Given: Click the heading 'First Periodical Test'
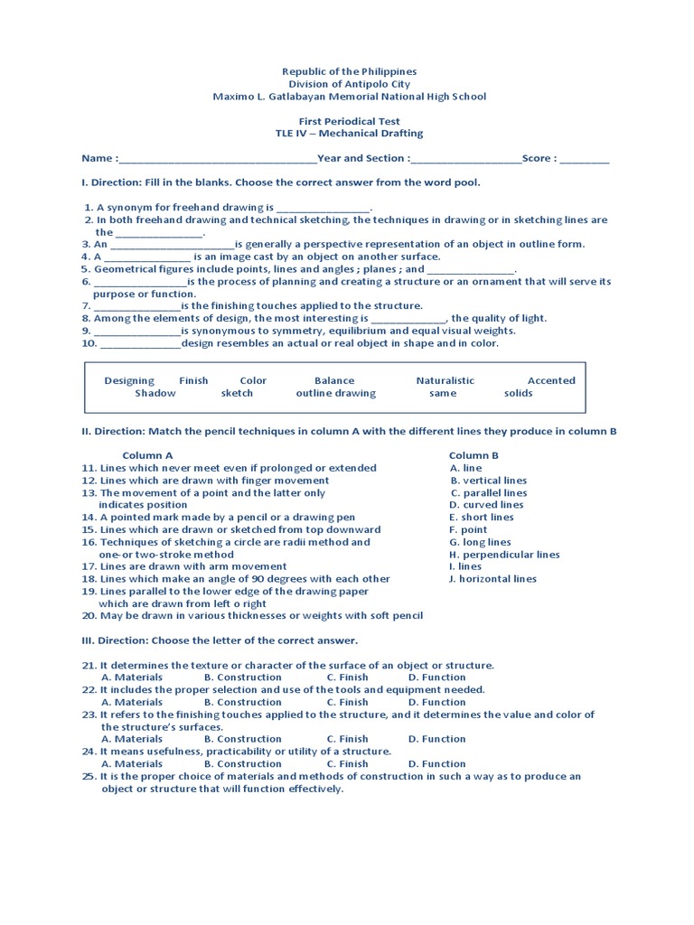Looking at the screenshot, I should pyautogui.click(x=349, y=121).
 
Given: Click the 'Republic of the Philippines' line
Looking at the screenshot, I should pyautogui.click(x=349, y=71).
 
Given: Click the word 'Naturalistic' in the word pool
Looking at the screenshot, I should pyautogui.click(x=445, y=380).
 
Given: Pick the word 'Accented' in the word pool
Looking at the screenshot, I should pyautogui.click(x=551, y=380).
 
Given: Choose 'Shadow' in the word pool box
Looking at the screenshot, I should pyautogui.click(x=155, y=393).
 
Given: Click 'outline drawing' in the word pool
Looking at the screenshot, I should pyautogui.click(x=335, y=393).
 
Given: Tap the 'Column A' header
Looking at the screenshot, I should pyautogui.click(x=147, y=455).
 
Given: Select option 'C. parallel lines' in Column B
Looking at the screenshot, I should pyautogui.click(x=489, y=493).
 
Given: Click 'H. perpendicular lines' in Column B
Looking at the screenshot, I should pyautogui.click(x=504, y=555).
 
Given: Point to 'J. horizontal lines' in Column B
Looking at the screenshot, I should pyautogui.click(x=492, y=579).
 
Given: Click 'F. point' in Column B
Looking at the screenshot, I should pyautogui.click(x=468, y=530).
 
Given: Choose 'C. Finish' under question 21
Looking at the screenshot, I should pyautogui.click(x=347, y=677).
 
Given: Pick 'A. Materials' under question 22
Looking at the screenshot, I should pyautogui.click(x=132, y=702).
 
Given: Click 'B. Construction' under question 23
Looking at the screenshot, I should pyautogui.click(x=242, y=739).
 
